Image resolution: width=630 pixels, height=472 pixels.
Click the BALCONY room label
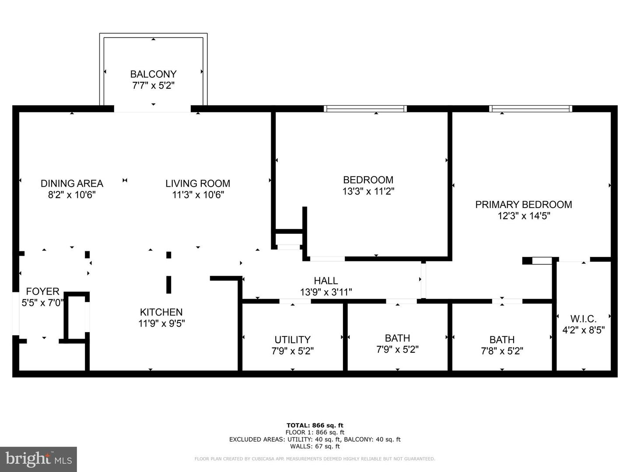pyautogui.click(x=153, y=74)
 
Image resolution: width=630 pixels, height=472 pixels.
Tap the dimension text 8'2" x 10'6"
pyautogui.click(x=72, y=195)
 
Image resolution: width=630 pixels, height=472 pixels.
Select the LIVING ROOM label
pyautogui.click(x=198, y=184)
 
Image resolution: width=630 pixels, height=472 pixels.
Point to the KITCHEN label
pyautogui.click(x=161, y=312)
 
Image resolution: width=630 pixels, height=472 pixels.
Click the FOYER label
pyautogui.click(x=42, y=292)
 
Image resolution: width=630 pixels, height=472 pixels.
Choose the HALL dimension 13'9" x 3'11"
pyautogui.click(x=326, y=292)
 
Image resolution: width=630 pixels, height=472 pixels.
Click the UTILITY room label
pyautogui.click(x=292, y=340)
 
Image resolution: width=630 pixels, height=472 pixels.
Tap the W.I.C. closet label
pyautogui.click(x=583, y=319)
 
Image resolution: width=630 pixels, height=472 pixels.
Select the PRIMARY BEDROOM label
pyautogui.click(x=524, y=205)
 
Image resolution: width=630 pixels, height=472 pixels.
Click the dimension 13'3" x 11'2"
pyautogui.click(x=368, y=191)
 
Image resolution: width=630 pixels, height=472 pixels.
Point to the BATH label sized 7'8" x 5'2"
pyautogui.click(x=502, y=340)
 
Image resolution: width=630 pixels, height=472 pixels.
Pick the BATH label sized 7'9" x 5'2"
pyautogui.click(x=397, y=338)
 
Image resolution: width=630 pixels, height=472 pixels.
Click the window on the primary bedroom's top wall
pyautogui.click(x=530, y=109)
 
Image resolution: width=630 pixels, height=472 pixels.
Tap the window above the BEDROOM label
pyautogui.click(x=365, y=109)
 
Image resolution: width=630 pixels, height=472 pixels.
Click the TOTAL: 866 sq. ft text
pyautogui.click(x=315, y=425)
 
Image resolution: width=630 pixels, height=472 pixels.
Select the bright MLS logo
pyautogui.click(x=38, y=459)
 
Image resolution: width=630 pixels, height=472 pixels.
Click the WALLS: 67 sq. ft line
pyautogui.click(x=315, y=446)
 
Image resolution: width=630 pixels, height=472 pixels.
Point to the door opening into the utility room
pyautogui.click(x=295, y=301)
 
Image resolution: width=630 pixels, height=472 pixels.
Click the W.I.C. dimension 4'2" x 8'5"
pyautogui.click(x=583, y=330)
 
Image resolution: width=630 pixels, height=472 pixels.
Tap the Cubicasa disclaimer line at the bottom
pyautogui.click(x=315, y=459)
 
